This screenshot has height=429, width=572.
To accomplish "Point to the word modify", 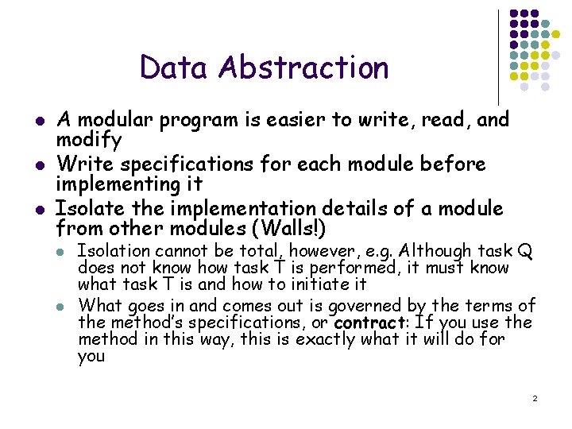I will (x=88, y=141).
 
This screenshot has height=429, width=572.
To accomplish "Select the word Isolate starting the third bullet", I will (x=87, y=209).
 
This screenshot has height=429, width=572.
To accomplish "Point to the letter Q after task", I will (x=524, y=251).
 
